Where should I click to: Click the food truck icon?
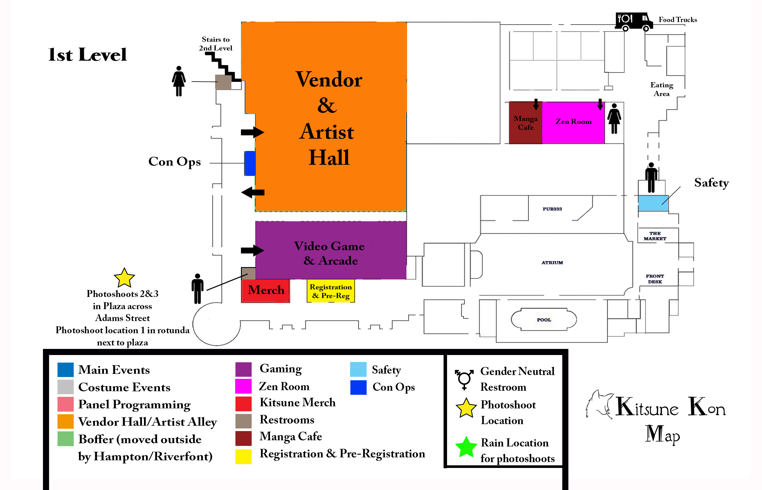633,21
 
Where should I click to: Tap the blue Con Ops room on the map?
250,163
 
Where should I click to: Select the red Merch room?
265,291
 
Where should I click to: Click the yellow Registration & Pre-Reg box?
331,291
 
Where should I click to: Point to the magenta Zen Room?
573,122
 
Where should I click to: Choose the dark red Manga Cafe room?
525,123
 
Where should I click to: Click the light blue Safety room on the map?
653,203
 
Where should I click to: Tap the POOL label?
544,320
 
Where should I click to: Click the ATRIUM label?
552,262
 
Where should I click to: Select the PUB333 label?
552,209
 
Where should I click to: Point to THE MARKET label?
655,236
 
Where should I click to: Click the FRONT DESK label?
655,279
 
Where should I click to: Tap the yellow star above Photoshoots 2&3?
124,278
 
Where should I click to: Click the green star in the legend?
466,447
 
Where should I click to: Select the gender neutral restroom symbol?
464,379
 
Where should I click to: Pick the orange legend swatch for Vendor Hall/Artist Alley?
66,421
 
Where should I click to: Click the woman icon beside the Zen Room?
614,118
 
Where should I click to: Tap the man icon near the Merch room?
197,289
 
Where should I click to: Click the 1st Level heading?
87,55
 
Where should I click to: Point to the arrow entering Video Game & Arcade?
252,251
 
